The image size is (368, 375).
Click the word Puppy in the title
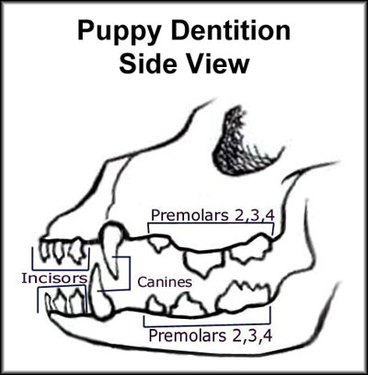coord(121,31)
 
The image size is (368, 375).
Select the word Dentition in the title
coord(231,30)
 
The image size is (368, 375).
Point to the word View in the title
coord(217,63)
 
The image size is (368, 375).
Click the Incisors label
coord(54,278)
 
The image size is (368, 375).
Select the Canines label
coord(165,282)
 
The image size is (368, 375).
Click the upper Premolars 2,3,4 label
coord(213,215)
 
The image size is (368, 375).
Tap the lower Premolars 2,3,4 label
coord(211,335)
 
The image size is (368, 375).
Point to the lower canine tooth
coord(100,294)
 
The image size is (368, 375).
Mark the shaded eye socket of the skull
coord(242,142)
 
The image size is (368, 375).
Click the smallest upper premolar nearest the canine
coord(159,244)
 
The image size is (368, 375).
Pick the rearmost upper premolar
coord(250,247)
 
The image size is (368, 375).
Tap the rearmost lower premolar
coord(244,297)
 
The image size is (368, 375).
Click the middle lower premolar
coord(187,305)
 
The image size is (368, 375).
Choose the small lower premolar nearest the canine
coord(155,305)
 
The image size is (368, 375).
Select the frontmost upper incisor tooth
coord(45,250)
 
